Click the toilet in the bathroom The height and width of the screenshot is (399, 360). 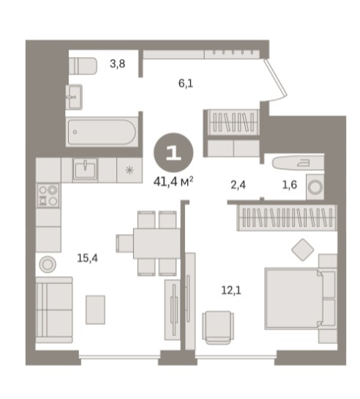point(83,66)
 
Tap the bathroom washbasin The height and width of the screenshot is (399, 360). point(74,97)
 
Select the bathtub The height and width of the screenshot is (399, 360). point(102,132)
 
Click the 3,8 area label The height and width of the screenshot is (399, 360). point(118,64)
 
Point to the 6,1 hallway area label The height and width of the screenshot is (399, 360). point(186,83)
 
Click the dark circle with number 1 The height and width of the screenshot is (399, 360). point(173,153)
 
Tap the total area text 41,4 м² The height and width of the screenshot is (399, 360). point(173,182)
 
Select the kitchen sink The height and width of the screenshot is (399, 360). point(86,170)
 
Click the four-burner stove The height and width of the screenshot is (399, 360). point(48,195)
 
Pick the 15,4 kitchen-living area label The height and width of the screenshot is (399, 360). point(88,258)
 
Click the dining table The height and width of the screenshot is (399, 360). point(157,243)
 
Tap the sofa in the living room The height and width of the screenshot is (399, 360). point(54,310)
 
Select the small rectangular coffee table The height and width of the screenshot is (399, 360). point(95,310)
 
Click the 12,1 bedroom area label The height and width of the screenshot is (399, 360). point(231,290)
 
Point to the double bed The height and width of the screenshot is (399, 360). point(301,299)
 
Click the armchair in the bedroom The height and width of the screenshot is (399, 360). point(218,327)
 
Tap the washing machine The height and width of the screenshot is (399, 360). point(315,187)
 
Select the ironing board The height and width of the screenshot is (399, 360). point(298,163)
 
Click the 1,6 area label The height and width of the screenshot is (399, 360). point(290,184)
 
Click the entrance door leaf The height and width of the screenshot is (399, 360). point(276,78)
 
